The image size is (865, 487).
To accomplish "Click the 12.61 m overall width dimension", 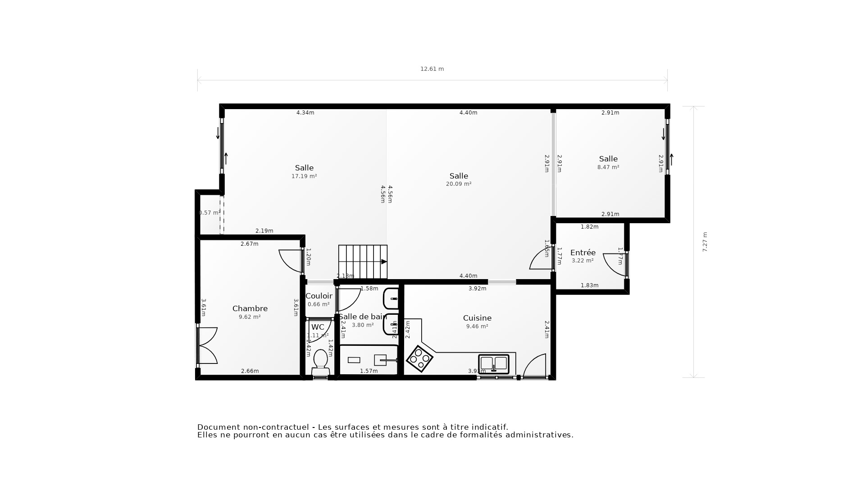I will point(432,69).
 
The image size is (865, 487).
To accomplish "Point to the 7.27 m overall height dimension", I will point(705,242).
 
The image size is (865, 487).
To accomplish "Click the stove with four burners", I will point(419,359).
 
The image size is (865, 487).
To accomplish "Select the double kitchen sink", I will point(494,363).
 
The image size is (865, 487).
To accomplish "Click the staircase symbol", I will point(363,262).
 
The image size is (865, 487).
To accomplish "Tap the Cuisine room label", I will point(477,318).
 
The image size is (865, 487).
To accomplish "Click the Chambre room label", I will point(250,308).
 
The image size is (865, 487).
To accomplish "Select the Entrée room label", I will point(583,253).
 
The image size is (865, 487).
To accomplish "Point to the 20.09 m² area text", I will point(459,184).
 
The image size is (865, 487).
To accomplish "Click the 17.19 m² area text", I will point(304,176).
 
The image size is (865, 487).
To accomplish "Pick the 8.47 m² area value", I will point(608,167).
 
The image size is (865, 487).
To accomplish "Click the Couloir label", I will point(319,296).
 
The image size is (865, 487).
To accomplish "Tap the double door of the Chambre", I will point(207,345).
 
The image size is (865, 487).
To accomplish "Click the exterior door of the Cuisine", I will point(535,366).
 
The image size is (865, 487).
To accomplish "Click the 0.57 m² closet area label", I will point(209,213).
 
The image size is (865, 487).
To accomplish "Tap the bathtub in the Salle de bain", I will point(369,360).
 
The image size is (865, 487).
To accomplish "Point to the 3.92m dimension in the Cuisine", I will point(477,289).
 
